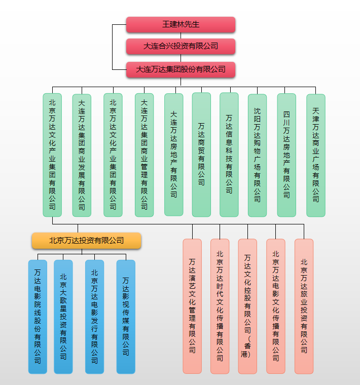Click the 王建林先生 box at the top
tap(181, 24)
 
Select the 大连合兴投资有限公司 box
tap(181, 46)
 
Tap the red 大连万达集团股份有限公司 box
tap(181, 69)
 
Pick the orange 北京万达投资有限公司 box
tap(86, 240)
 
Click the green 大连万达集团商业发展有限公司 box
tap(82, 155)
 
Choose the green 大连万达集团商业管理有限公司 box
tap(144, 155)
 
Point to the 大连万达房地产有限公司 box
tap(174, 155)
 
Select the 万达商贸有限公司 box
tap(201, 155)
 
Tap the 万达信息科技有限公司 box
tap(229, 155)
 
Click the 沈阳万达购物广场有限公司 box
tap(257, 155)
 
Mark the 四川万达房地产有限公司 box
tap(286, 155)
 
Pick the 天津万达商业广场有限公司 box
tap(316, 155)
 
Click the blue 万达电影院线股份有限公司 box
tap(38, 317)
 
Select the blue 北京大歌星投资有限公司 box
tap(63, 317)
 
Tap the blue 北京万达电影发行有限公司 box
tap(94, 317)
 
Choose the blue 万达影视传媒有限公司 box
tap(126, 317)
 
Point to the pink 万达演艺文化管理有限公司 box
tap(192, 306)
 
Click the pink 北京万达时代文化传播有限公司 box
tap(220, 306)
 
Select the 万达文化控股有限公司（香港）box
tap(247, 306)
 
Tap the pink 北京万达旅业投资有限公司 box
tap(304, 306)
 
